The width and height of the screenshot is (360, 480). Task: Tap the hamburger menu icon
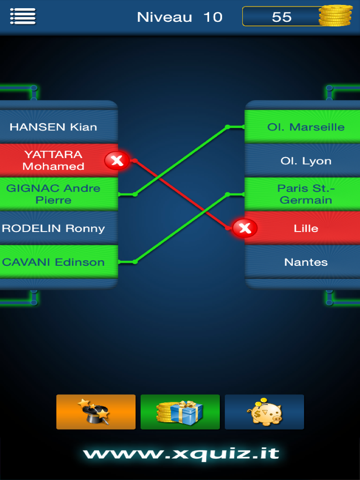[x=22, y=16]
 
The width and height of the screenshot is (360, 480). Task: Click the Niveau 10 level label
[x=180, y=17]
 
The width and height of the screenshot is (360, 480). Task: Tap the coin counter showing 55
[x=282, y=17]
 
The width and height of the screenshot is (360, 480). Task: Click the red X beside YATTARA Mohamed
[x=116, y=160]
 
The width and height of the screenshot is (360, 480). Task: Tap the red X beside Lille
[x=244, y=229]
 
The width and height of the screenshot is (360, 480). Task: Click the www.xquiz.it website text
[x=180, y=454]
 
